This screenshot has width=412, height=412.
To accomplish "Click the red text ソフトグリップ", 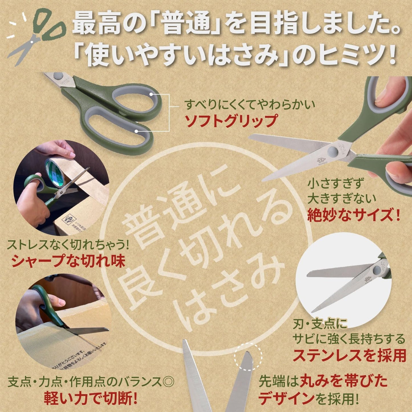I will [x=231, y=121].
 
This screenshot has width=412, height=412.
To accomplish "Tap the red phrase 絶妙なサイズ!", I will [x=354, y=215].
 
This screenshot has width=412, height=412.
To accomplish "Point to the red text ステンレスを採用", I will [x=350, y=356].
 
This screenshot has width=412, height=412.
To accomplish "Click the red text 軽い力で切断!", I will [x=91, y=398].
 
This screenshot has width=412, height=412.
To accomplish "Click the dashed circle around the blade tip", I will [x=248, y=357].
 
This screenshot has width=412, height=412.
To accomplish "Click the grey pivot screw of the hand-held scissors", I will [x=332, y=151].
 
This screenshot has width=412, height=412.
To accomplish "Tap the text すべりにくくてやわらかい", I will [x=250, y=105].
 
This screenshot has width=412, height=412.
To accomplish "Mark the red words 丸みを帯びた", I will [x=344, y=381].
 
